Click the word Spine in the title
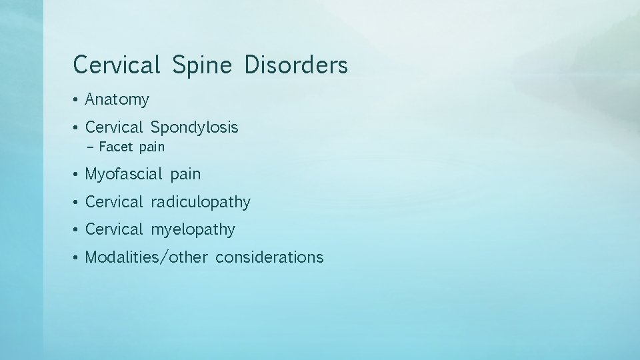(x=201, y=66)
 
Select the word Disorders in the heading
(x=296, y=65)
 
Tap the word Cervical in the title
(x=117, y=65)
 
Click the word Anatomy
(x=117, y=101)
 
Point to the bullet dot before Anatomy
(x=77, y=101)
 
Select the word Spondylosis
(x=195, y=127)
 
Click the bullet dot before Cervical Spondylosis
(x=77, y=127)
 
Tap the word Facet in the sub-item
(x=116, y=147)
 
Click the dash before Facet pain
(x=90, y=147)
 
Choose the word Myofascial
(x=124, y=175)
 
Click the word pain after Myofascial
(x=185, y=175)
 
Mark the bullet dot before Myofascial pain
(x=77, y=175)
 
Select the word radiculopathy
(x=201, y=203)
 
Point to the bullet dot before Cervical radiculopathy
(x=77, y=203)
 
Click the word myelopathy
(x=193, y=231)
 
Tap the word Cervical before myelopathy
(x=114, y=230)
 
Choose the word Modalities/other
(x=147, y=257)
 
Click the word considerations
(x=269, y=257)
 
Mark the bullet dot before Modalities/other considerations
(x=77, y=257)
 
